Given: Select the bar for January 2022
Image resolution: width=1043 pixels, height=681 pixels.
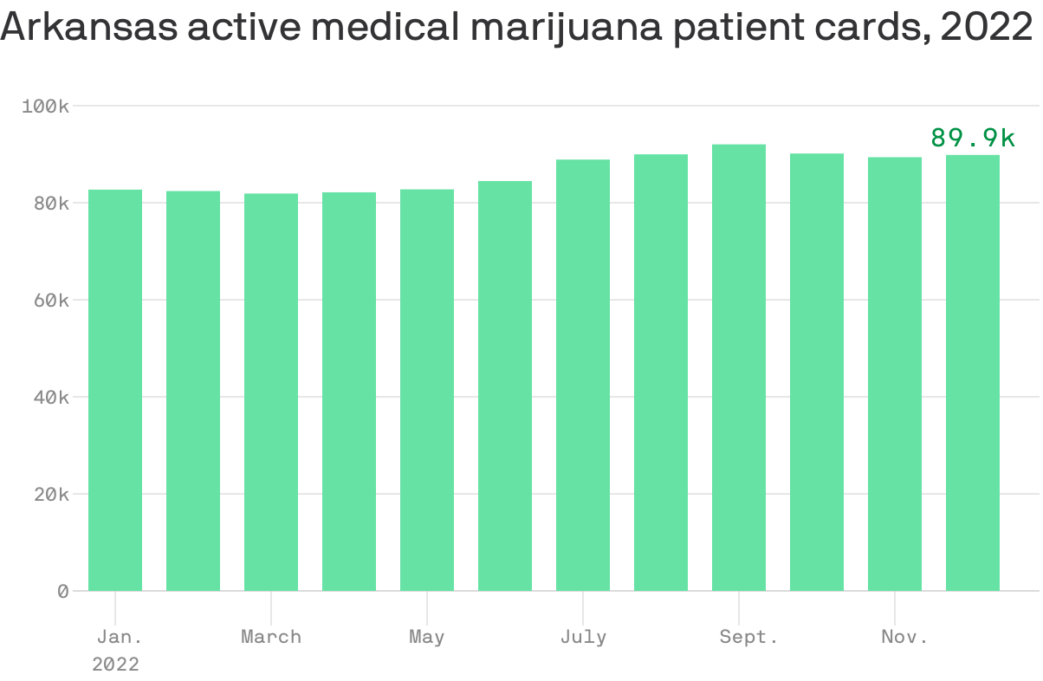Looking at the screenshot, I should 115,390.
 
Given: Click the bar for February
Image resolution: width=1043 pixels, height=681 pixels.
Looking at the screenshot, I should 193,391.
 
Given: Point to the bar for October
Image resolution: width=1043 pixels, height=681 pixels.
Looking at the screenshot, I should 817,372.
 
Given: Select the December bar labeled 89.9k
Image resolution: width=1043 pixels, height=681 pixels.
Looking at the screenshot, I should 973,373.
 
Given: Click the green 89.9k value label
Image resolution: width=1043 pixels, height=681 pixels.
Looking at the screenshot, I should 973,138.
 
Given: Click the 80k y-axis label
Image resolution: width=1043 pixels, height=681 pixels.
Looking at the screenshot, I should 49,203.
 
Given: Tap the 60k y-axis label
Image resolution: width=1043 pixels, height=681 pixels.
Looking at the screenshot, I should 49,301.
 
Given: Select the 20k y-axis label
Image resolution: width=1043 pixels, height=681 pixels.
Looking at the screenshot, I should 49,495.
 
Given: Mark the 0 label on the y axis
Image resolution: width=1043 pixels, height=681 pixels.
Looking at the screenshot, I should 62,592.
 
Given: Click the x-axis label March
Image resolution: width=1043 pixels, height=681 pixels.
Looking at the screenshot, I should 271,637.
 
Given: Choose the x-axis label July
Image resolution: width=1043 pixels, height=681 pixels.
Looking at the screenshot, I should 583,637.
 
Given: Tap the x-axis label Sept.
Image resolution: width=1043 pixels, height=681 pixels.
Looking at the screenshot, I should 748,637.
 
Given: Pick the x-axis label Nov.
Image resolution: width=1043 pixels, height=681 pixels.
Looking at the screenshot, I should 904,637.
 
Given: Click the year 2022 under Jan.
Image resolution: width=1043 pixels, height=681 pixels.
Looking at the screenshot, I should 115,665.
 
